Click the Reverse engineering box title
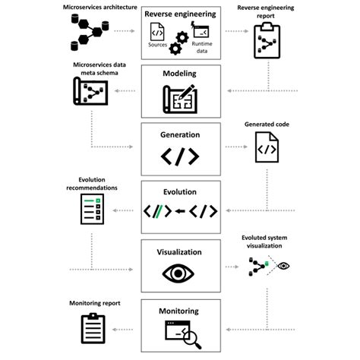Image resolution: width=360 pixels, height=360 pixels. (x=180, y=14)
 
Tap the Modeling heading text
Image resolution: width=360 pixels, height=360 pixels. (x=180, y=74)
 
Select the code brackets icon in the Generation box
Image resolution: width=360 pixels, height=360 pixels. (x=180, y=156)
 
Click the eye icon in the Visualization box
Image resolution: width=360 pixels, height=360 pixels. (x=180, y=273)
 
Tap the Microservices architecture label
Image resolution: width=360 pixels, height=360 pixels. (x=92, y=7)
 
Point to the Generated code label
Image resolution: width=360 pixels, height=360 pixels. (x=266, y=124)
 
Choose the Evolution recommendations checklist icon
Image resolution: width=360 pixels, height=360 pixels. (x=93, y=210)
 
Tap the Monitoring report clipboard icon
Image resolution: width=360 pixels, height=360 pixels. (x=93, y=329)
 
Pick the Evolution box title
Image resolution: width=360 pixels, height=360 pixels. (x=180, y=192)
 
